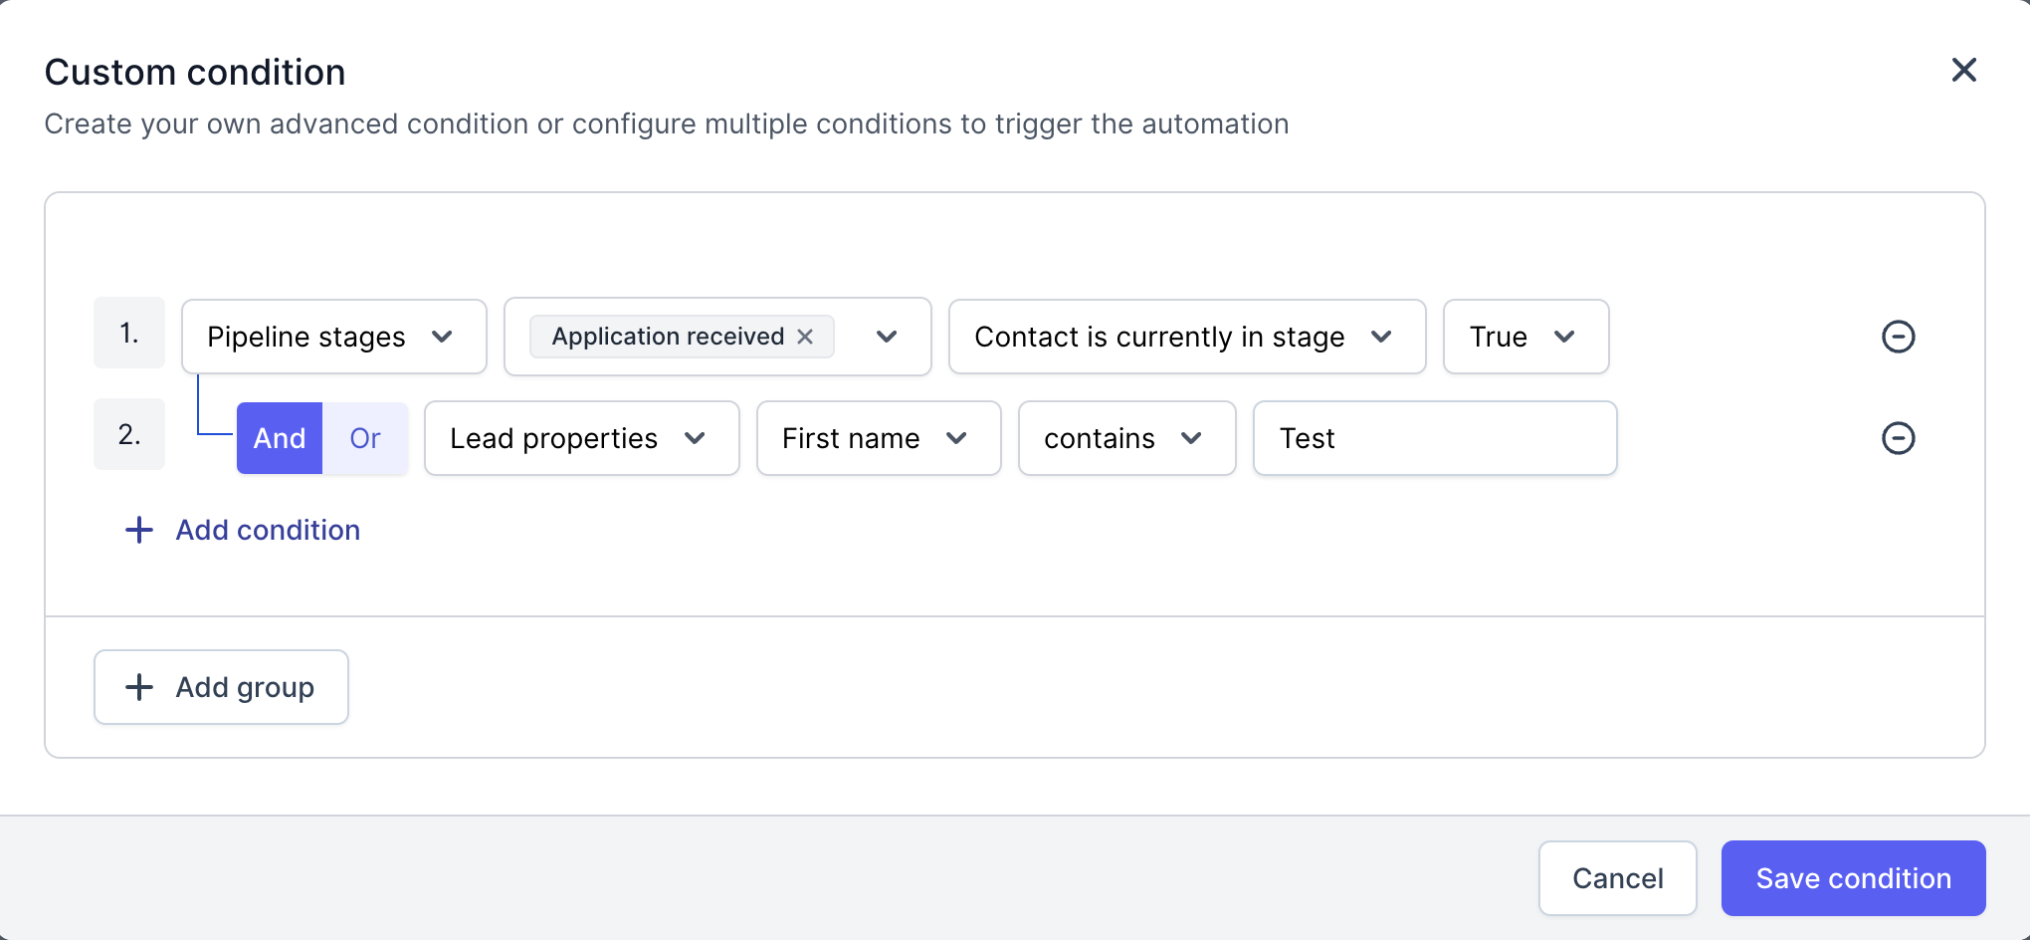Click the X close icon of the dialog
click(x=1963, y=70)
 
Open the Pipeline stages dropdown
click(x=334, y=337)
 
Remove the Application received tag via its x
click(x=805, y=337)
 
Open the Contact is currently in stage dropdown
click(x=1187, y=337)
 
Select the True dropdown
click(x=1525, y=337)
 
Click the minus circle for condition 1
click(x=1898, y=337)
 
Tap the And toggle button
click(x=280, y=438)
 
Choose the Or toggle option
click(x=365, y=438)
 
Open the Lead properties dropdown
click(x=582, y=438)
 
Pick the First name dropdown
click(x=879, y=438)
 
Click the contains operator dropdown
click(x=1127, y=438)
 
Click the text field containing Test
click(x=1435, y=438)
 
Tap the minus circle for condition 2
click(x=1898, y=438)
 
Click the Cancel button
click(x=1618, y=878)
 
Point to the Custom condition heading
click(x=195, y=73)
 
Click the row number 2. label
click(x=129, y=434)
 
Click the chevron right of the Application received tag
click(x=887, y=337)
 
